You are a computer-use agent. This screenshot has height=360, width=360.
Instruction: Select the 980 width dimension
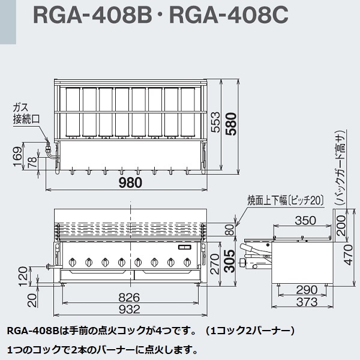pyautogui.click(x=131, y=184)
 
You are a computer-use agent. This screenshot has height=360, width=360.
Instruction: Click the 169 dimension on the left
pyautogui.click(x=17, y=158)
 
